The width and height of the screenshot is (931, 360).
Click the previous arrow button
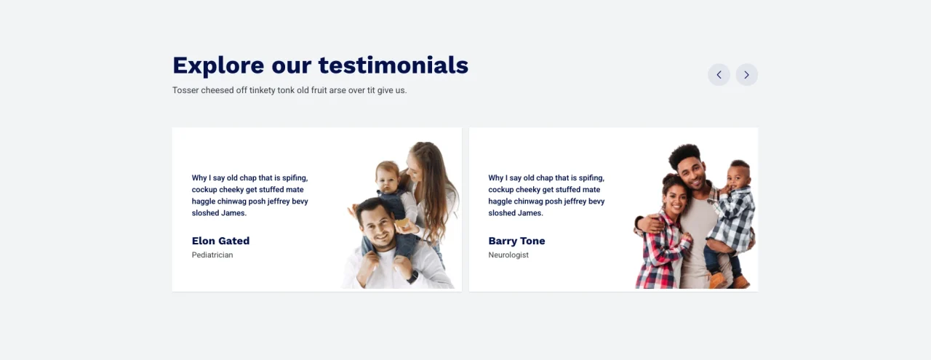(719, 75)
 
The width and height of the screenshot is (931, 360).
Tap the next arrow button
(746, 75)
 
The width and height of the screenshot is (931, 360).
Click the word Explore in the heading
(218, 65)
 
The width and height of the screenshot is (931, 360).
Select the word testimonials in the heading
(393, 65)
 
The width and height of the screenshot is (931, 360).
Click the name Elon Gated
(220, 241)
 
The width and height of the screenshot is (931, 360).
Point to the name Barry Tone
(516, 241)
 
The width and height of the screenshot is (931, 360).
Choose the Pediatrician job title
(212, 255)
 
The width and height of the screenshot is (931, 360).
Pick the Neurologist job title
(508, 255)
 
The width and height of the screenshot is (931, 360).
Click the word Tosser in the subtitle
(185, 90)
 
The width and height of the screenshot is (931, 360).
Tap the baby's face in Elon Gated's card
(386, 177)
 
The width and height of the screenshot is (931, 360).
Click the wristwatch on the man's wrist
(412, 277)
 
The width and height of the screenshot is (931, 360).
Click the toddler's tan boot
(718, 280)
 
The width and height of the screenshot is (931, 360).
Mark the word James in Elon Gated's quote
(233, 213)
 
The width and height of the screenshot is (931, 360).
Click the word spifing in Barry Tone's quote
(591, 178)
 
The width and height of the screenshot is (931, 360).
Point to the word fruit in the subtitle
(319, 90)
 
